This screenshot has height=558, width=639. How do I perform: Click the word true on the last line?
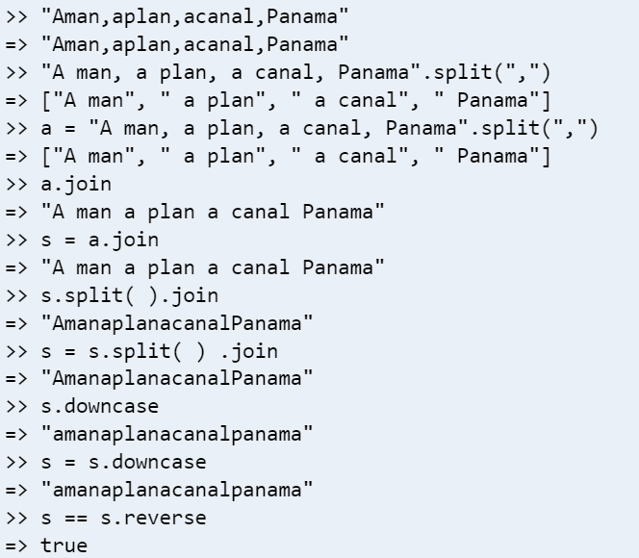coord(64,545)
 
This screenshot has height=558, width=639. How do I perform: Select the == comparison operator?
coord(76,519)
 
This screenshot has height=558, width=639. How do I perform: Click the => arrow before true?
coord(16,545)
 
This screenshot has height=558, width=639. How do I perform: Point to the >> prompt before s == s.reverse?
coord(16,519)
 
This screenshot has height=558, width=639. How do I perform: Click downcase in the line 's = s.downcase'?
coord(159,463)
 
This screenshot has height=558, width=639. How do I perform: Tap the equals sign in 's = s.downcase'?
coord(69,463)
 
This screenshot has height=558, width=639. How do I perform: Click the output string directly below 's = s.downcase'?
coord(177,490)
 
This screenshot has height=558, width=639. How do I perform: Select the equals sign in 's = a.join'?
coord(69,240)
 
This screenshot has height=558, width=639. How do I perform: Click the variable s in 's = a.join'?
coord(46,241)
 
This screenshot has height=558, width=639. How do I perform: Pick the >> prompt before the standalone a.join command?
coord(16,184)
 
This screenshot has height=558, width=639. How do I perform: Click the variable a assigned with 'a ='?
coord(46,129)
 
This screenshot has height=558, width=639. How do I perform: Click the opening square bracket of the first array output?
coord(46,101)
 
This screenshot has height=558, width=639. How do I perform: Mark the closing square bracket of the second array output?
coord(546,157)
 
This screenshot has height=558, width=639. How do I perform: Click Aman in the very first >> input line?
coord(76,17)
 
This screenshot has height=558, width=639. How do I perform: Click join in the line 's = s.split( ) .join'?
coord(254,351)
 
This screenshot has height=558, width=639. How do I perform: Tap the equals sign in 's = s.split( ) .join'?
coord(69,351)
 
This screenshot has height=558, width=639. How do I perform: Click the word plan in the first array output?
coord(231,101)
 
